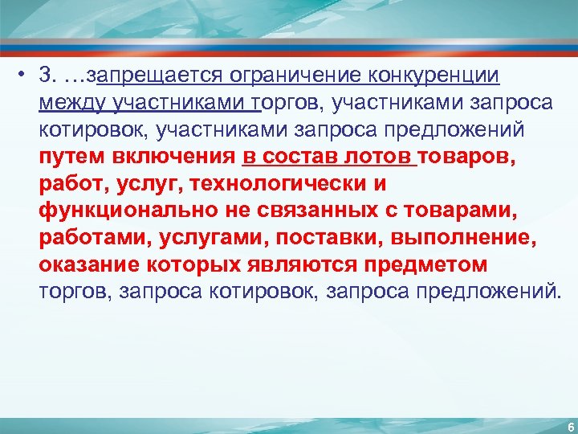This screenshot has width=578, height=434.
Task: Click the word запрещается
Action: click(157, 76)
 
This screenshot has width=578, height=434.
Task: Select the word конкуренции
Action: click(434, 76)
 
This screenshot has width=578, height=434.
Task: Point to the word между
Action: click(73, 103)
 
